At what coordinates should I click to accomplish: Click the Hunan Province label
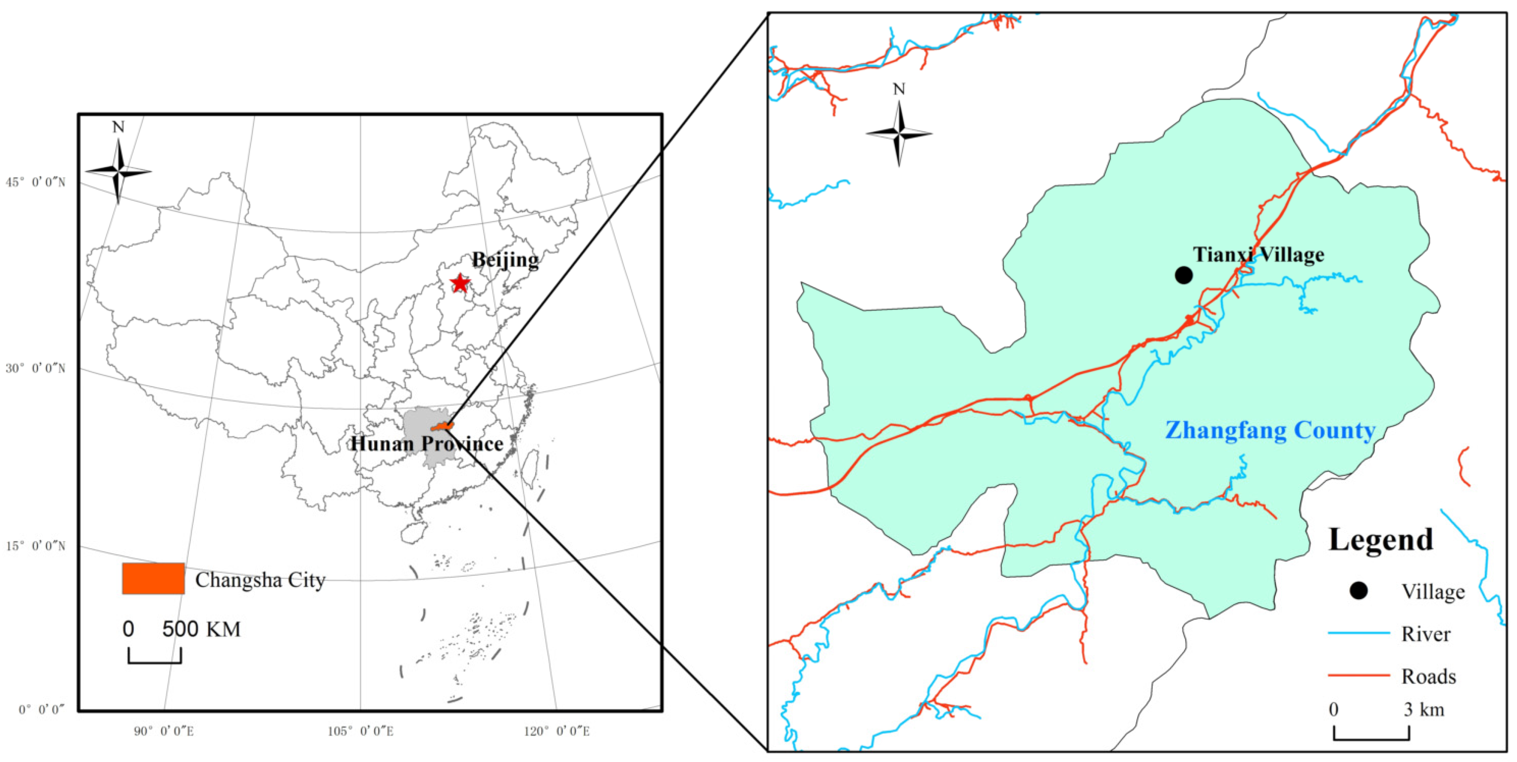427,443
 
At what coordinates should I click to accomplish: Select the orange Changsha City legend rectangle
153,578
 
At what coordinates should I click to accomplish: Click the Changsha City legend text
260,580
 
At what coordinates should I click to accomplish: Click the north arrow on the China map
118,171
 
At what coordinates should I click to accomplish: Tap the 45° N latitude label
35,182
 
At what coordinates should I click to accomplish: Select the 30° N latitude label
35,369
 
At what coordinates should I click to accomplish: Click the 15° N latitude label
35,546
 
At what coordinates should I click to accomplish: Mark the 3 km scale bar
1371,733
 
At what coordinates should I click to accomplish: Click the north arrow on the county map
899,134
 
